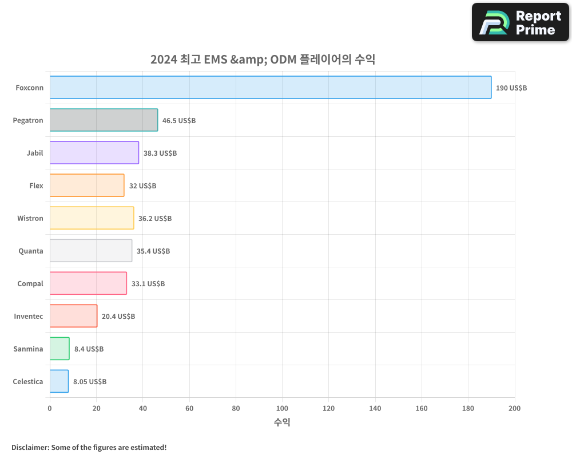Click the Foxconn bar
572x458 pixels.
click(x=270, y=88)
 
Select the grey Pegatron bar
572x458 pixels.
click(x=104, y=120)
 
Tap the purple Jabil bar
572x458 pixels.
click(x=94, y=153)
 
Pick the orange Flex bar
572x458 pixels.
click(x=87, y=185)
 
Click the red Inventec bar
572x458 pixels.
click(x=73, y=316)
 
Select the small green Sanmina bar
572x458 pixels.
click(x=59, y=349)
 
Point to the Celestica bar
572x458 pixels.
click(x=59, y=381)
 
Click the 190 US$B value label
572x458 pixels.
click(x=511, y=88)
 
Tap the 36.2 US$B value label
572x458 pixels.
click(x=154, y=219)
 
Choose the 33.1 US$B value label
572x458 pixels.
click(x=148, y=284)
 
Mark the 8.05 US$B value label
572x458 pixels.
click(x=89, y=382)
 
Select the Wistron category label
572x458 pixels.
click(x=30, y=218)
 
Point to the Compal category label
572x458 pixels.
click(x=30, y=283)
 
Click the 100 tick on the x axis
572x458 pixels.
click(x=282, y=408)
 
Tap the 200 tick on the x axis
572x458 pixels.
click(x=514, y=408)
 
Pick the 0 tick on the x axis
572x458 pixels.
click(x=50, y=408)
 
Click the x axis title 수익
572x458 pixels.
click(x=282, y=423)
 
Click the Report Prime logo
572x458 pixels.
click(x=520, y=22)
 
